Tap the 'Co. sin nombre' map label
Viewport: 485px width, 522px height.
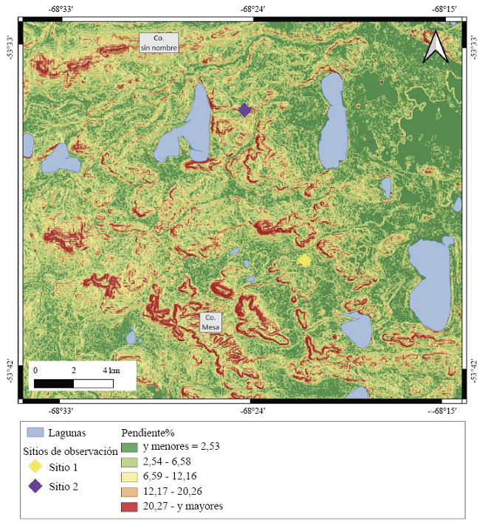pyautogui.click(x=160, y=43)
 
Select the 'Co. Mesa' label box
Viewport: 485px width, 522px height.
pyautogui.click(x=212, y=321)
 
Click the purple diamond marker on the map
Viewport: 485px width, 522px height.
pyautogui.click(x=245, y=110)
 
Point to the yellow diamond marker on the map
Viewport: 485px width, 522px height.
pyautogui.click(x=304, y=260)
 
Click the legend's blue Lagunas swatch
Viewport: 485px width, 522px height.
pyautogui.click(x=34, y=433)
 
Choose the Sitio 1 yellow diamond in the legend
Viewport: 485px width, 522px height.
pyautogui.click(x=35, y=467)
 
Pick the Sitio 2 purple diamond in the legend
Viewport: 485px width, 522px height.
pyautogui.click(x=35, y=486)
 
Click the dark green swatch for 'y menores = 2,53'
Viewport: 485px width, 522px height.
pyautogui.click(x=130, y=446)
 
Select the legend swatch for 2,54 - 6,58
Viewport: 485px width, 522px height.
pyautogui.click(x=130, y=461)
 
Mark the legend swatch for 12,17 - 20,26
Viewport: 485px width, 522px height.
pyautogui.click(x=130, y=491)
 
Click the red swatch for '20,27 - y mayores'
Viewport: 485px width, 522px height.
pyautogui.click(x=130, y=506)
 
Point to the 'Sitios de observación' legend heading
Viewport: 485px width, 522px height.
pyautogui.click(x=71, y=450)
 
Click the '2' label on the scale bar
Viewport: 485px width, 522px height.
pyautogui.click(x=74, y=369)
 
